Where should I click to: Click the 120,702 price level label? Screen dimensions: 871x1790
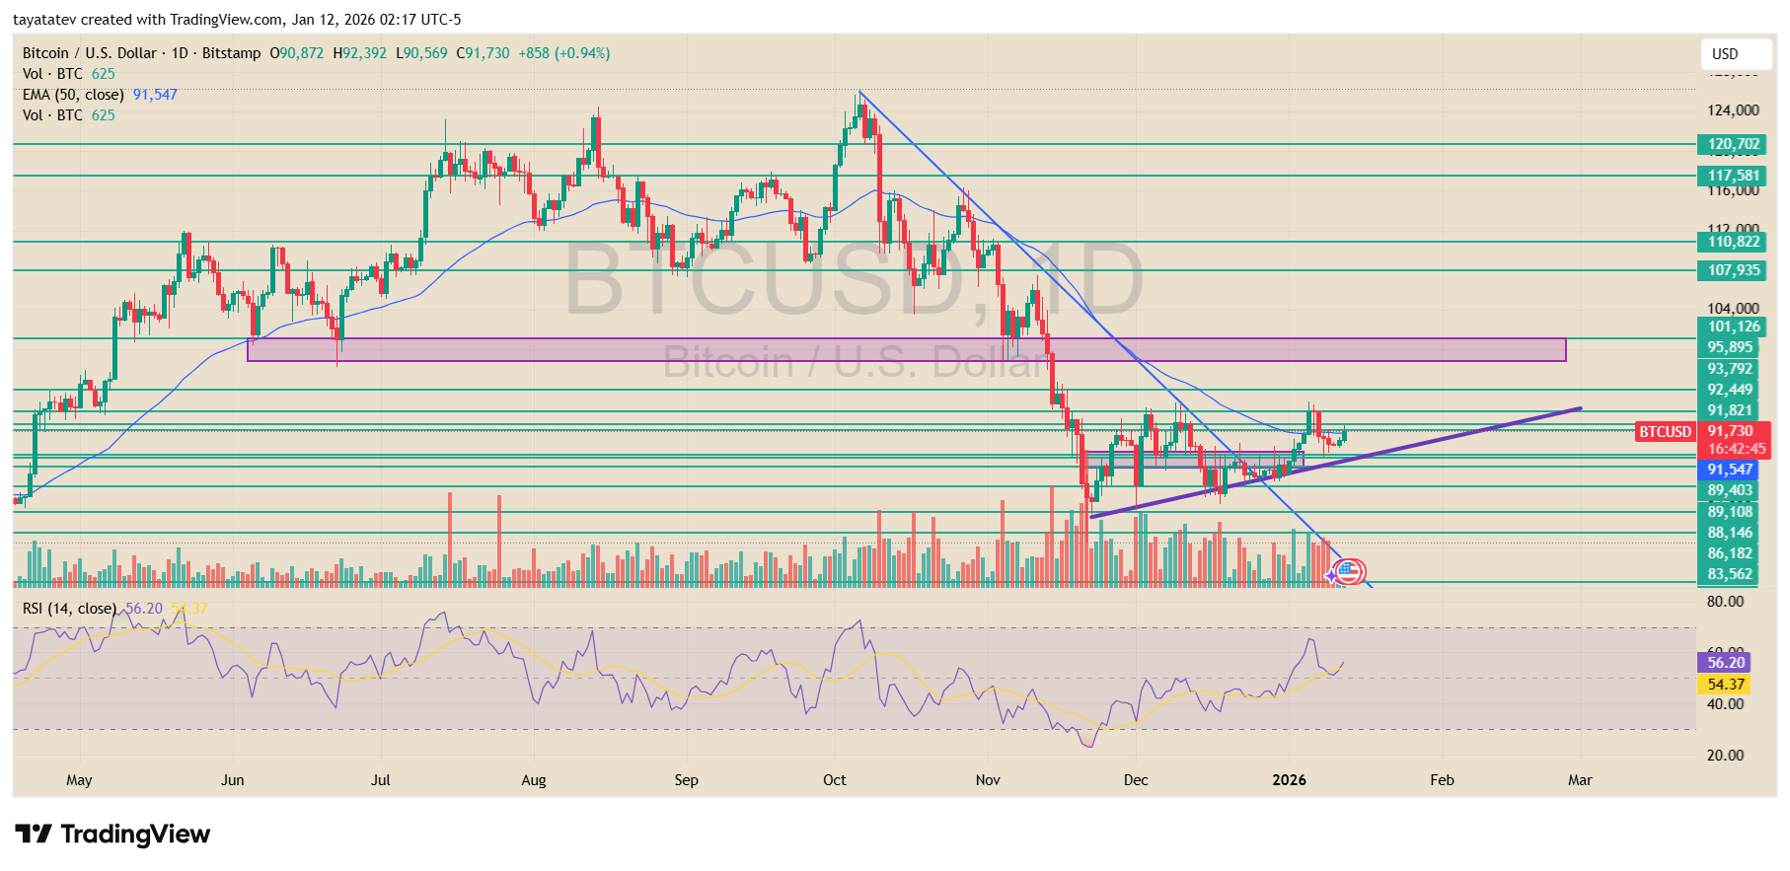pos(1733,144)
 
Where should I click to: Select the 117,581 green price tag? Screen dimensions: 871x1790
pos(1733,176)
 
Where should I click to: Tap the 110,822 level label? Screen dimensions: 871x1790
pos(1733,242)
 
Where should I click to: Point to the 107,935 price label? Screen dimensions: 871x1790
pos(1733,270)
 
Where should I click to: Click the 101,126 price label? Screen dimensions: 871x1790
pos(1733,327)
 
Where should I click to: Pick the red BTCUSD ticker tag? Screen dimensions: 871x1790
pos(1665,431)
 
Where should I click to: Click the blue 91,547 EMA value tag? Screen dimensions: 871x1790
pos(1730,470)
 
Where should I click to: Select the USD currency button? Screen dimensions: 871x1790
pos(1725,54)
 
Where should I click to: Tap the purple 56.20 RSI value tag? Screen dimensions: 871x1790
pos(1726,663)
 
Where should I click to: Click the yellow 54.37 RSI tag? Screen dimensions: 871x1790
pos(1726,685)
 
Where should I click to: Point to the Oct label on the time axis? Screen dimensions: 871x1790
pos(834,780)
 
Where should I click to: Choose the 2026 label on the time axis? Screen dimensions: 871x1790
pos(1289,780)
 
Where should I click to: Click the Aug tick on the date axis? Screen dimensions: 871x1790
pos(533,780)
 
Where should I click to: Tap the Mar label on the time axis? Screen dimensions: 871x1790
pos(1579,780)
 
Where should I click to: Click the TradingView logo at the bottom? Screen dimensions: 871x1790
pos(112,835)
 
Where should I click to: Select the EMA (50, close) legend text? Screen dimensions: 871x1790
pos(73,95)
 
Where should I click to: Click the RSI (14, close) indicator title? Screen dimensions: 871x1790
pos(69,609)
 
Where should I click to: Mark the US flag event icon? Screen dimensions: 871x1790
pos(1349,571)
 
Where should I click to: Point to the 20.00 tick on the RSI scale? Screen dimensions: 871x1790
pos(1725,756)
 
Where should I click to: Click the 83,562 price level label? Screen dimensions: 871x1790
pos(1730,574)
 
